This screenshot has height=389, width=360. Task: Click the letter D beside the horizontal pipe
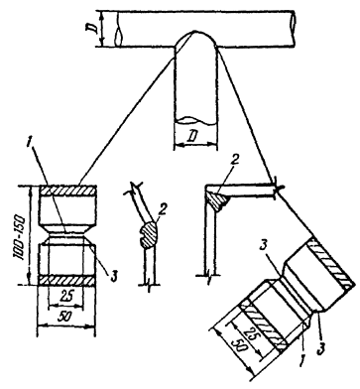click(x=94, y=29)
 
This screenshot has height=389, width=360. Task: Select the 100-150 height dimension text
click(x=22, y=236)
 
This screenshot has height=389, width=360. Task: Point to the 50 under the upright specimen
click(x=65, y=317)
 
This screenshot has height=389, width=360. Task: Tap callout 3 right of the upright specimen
click(x=113, y=276)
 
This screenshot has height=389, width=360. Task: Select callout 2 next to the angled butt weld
click(x=161, y=209)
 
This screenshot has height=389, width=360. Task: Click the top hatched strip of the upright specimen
click(x=67, y=191)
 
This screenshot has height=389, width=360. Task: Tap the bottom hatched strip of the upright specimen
click(x=67, y=280)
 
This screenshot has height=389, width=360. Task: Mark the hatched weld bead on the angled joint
click(x=150, y=234)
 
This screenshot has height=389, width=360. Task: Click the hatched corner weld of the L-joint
click(x=216, y=199)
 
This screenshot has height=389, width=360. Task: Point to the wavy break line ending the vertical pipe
click(x=195, y=121)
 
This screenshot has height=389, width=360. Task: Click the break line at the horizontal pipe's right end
click(x=294, y=29)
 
